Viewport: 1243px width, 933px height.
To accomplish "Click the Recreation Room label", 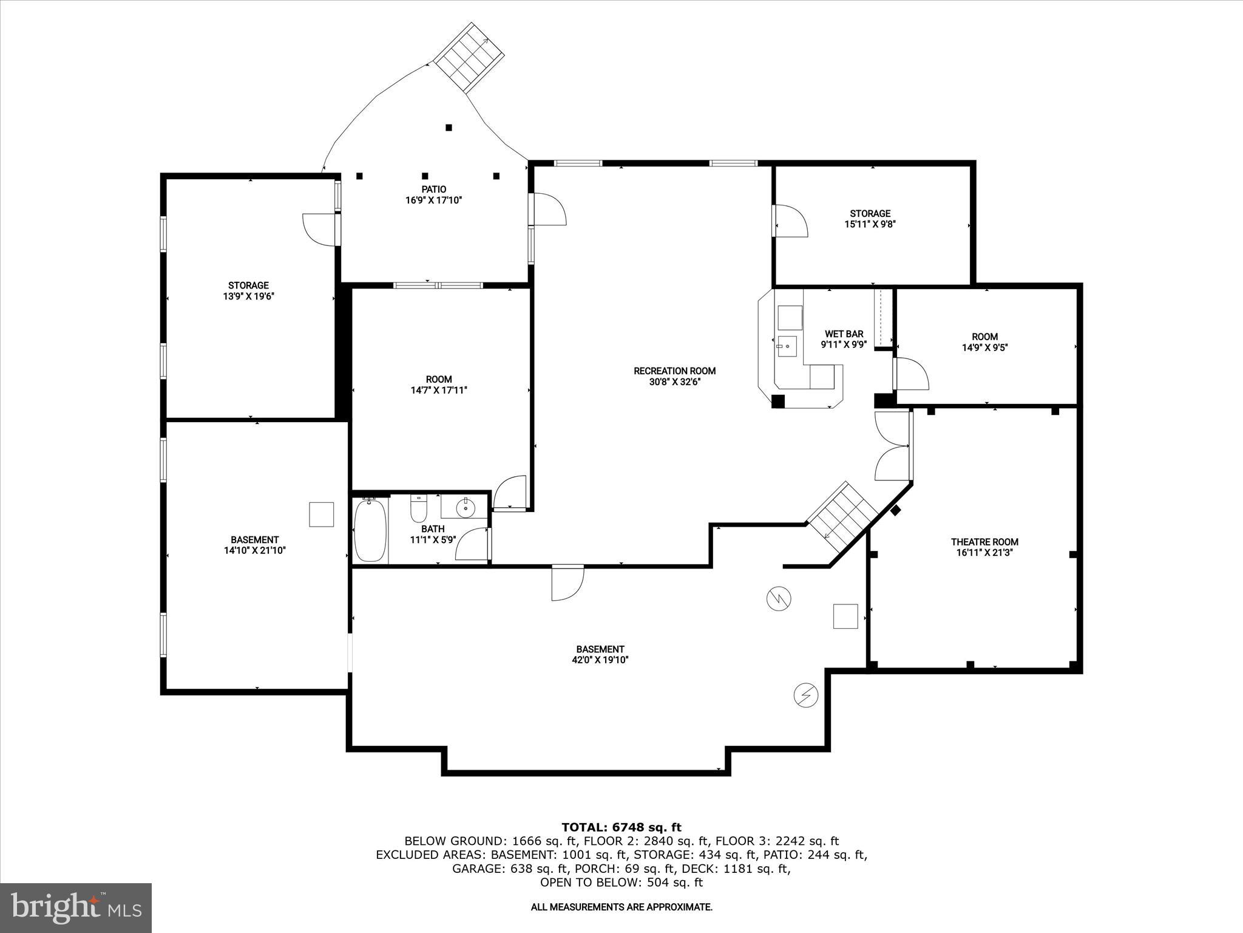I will [674, 371].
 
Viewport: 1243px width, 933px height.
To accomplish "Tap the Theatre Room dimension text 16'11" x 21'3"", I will [984, 553].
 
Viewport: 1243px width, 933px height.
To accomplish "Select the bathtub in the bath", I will [370, 530].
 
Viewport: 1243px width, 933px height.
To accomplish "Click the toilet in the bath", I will [419, 509].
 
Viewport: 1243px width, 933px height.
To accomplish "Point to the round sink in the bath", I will [466, 507].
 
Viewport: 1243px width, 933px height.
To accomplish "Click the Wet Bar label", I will [844, 334].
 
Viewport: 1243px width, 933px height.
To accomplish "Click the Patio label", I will [434, 190].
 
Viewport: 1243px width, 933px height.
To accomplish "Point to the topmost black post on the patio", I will [449, 128].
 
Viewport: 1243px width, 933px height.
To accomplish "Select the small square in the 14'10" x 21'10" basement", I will [321, 514].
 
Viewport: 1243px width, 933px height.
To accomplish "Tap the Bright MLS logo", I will [76, 907].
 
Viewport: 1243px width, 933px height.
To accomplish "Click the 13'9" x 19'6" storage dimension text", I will [248, 296].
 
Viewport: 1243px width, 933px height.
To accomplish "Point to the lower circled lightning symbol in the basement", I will [805, 695].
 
